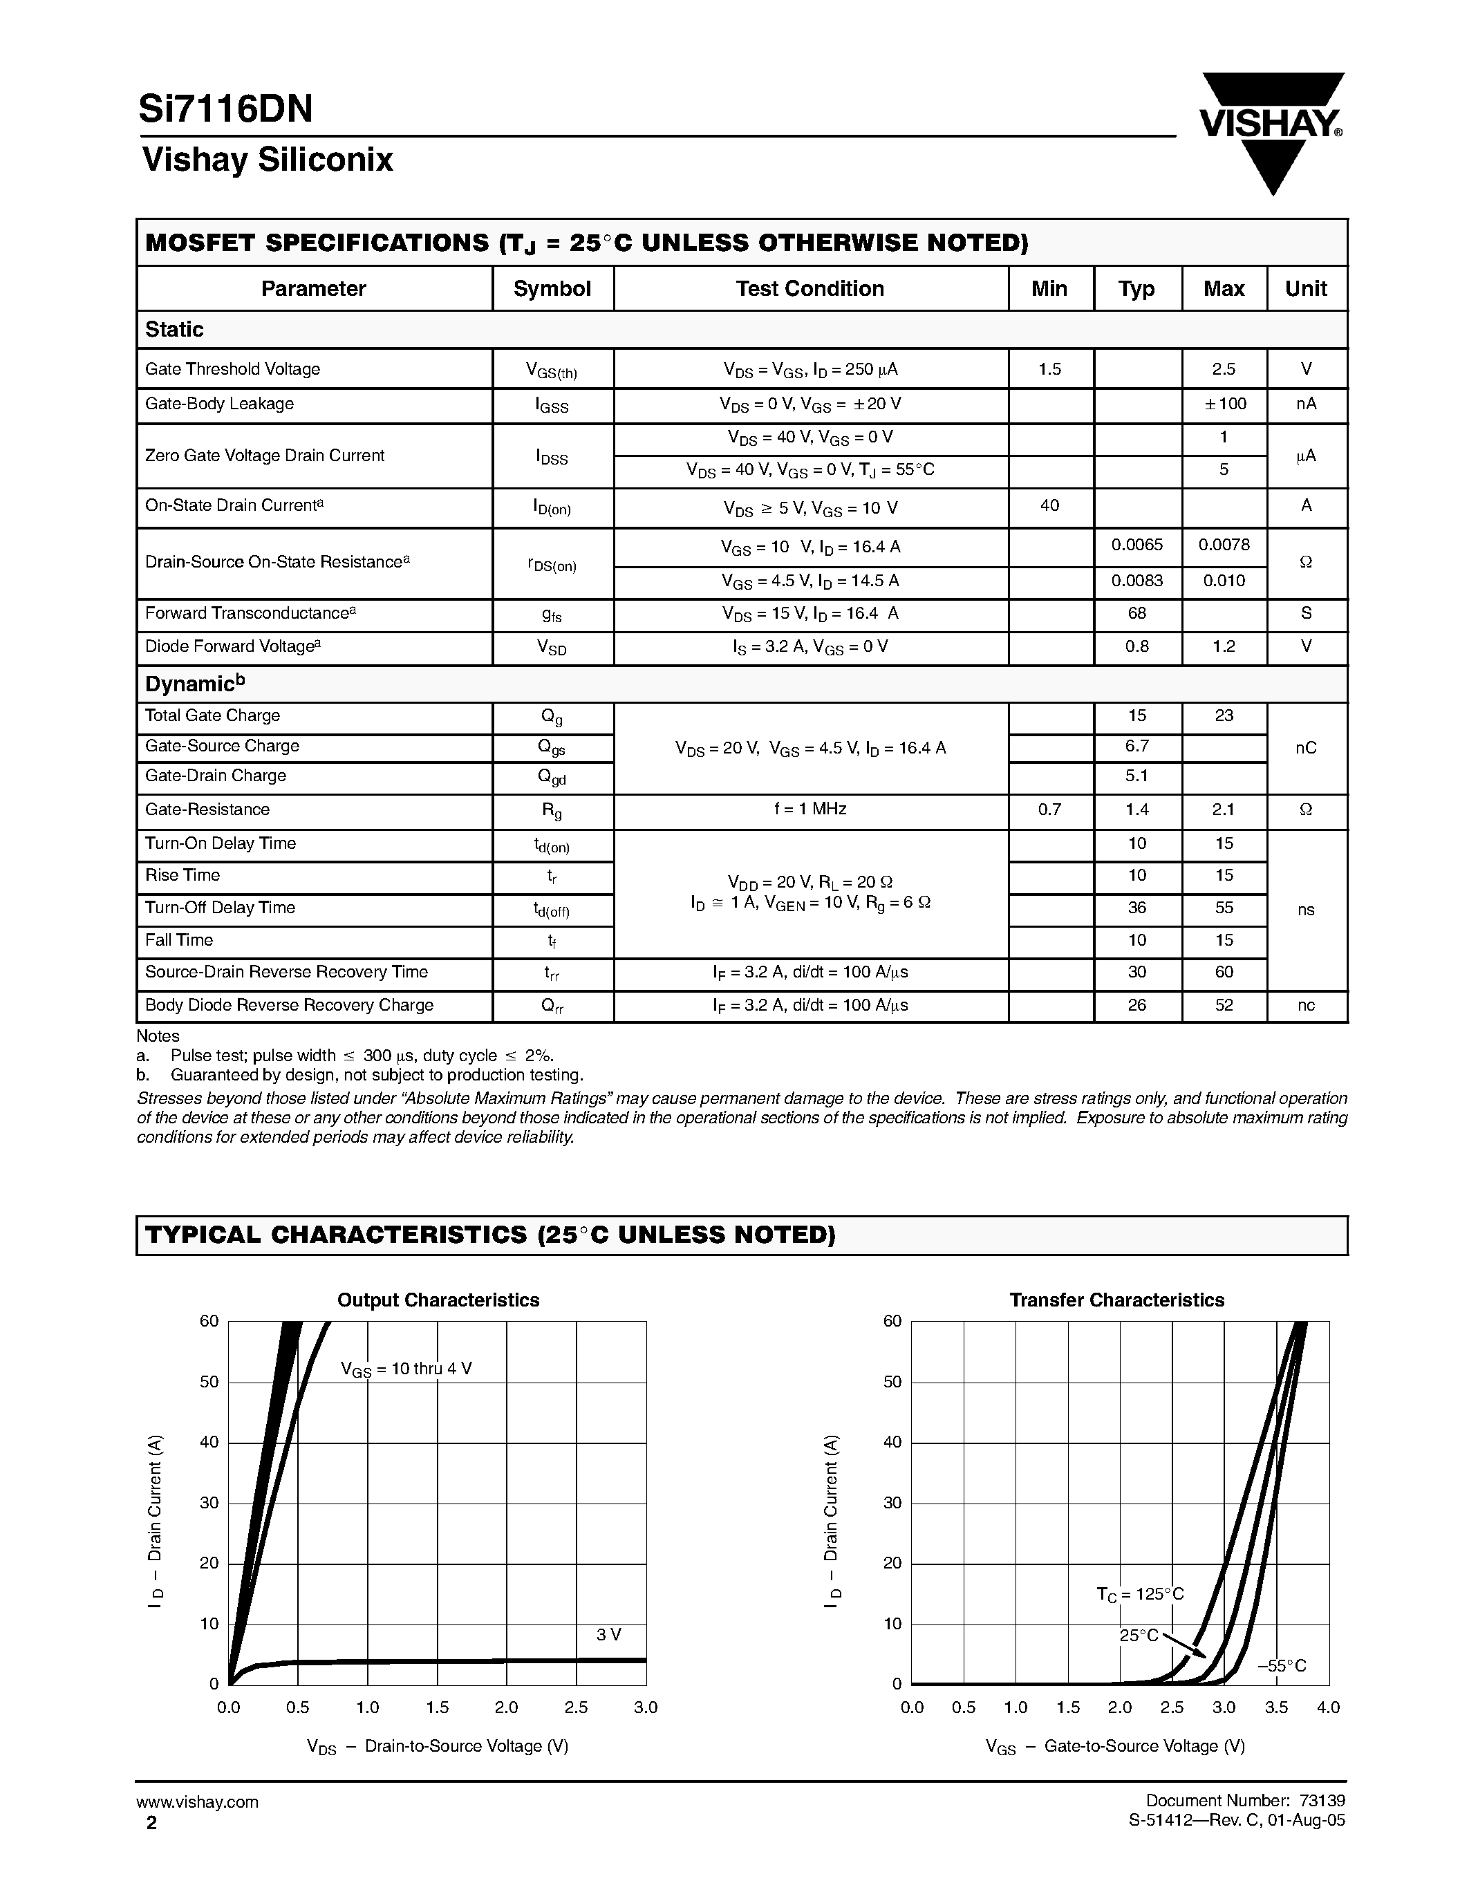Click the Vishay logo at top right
1271,131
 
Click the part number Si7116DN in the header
225,110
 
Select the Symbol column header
552,289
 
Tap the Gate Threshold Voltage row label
232,369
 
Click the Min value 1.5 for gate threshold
1049,369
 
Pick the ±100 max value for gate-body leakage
1223,404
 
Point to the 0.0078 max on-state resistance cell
1224,545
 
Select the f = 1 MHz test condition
810,809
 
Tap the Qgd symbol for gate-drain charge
552,777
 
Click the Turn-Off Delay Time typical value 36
1136,908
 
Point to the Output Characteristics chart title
438,1300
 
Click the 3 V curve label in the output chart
608,1635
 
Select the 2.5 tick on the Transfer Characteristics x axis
1171,1707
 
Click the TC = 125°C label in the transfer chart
1139,1595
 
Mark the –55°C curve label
1281,1666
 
